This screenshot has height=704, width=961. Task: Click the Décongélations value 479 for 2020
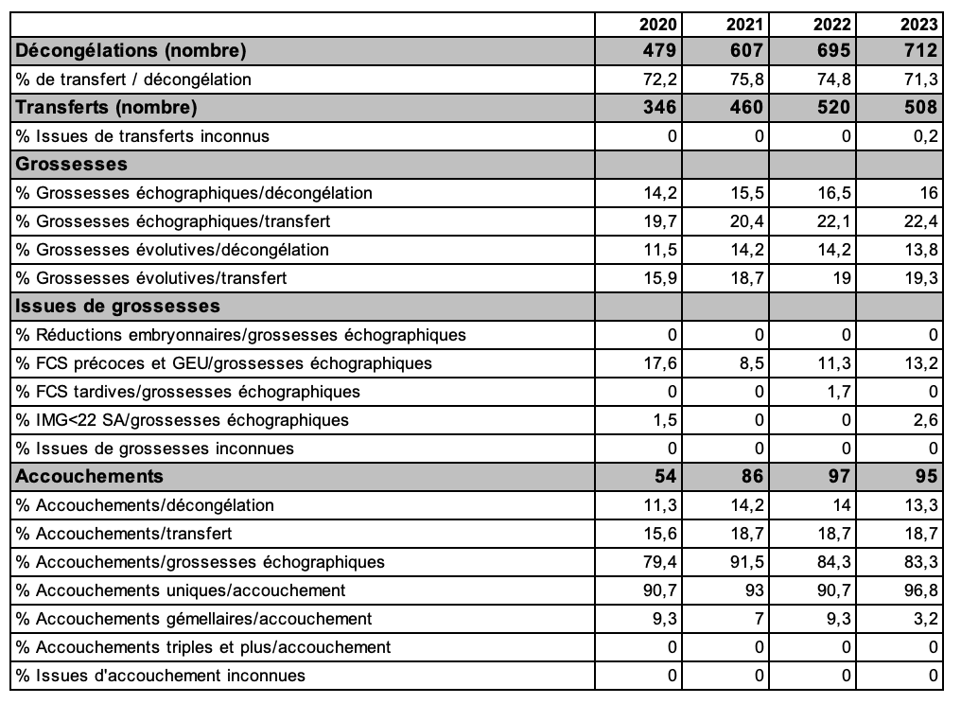(657, 50)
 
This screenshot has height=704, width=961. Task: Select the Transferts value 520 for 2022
(831, 107)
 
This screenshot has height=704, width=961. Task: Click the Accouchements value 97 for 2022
(839, 476)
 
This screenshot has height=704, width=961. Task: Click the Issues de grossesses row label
(118, 306)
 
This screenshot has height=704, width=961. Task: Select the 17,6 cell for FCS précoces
(662, 363)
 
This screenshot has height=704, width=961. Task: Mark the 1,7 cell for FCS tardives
(840, 392)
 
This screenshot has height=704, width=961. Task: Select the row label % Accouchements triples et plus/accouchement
(203, 647)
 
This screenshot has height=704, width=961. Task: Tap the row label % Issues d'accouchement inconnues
(161, 676)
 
